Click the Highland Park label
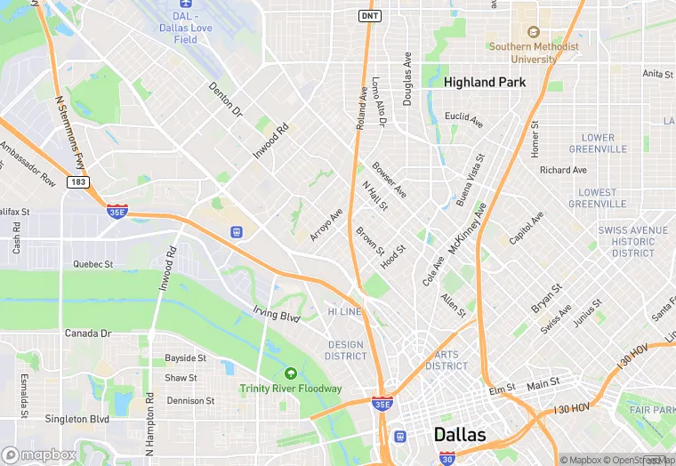[x=484, y=82]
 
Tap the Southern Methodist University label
[x=533, y=52]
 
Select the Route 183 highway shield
[x=76, y=181]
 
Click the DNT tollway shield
[x=369, y=16]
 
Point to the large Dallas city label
[x=460, y=435]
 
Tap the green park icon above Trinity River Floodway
[x=291, y=374]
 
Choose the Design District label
[x=346, y=350]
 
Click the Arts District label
[x=446, y=360]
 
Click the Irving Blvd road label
[x=278, y=316]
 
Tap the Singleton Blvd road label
[x=76, y=419]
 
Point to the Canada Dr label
[x=87, y=333]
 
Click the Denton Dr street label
[x=225, y=100]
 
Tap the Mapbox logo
[x=39, y=454]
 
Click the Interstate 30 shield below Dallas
[x=447, y=459]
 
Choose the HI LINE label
[x=345, y=312]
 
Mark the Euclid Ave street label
[x=463, y=118]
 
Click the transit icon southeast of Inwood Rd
[x=237, y=232]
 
